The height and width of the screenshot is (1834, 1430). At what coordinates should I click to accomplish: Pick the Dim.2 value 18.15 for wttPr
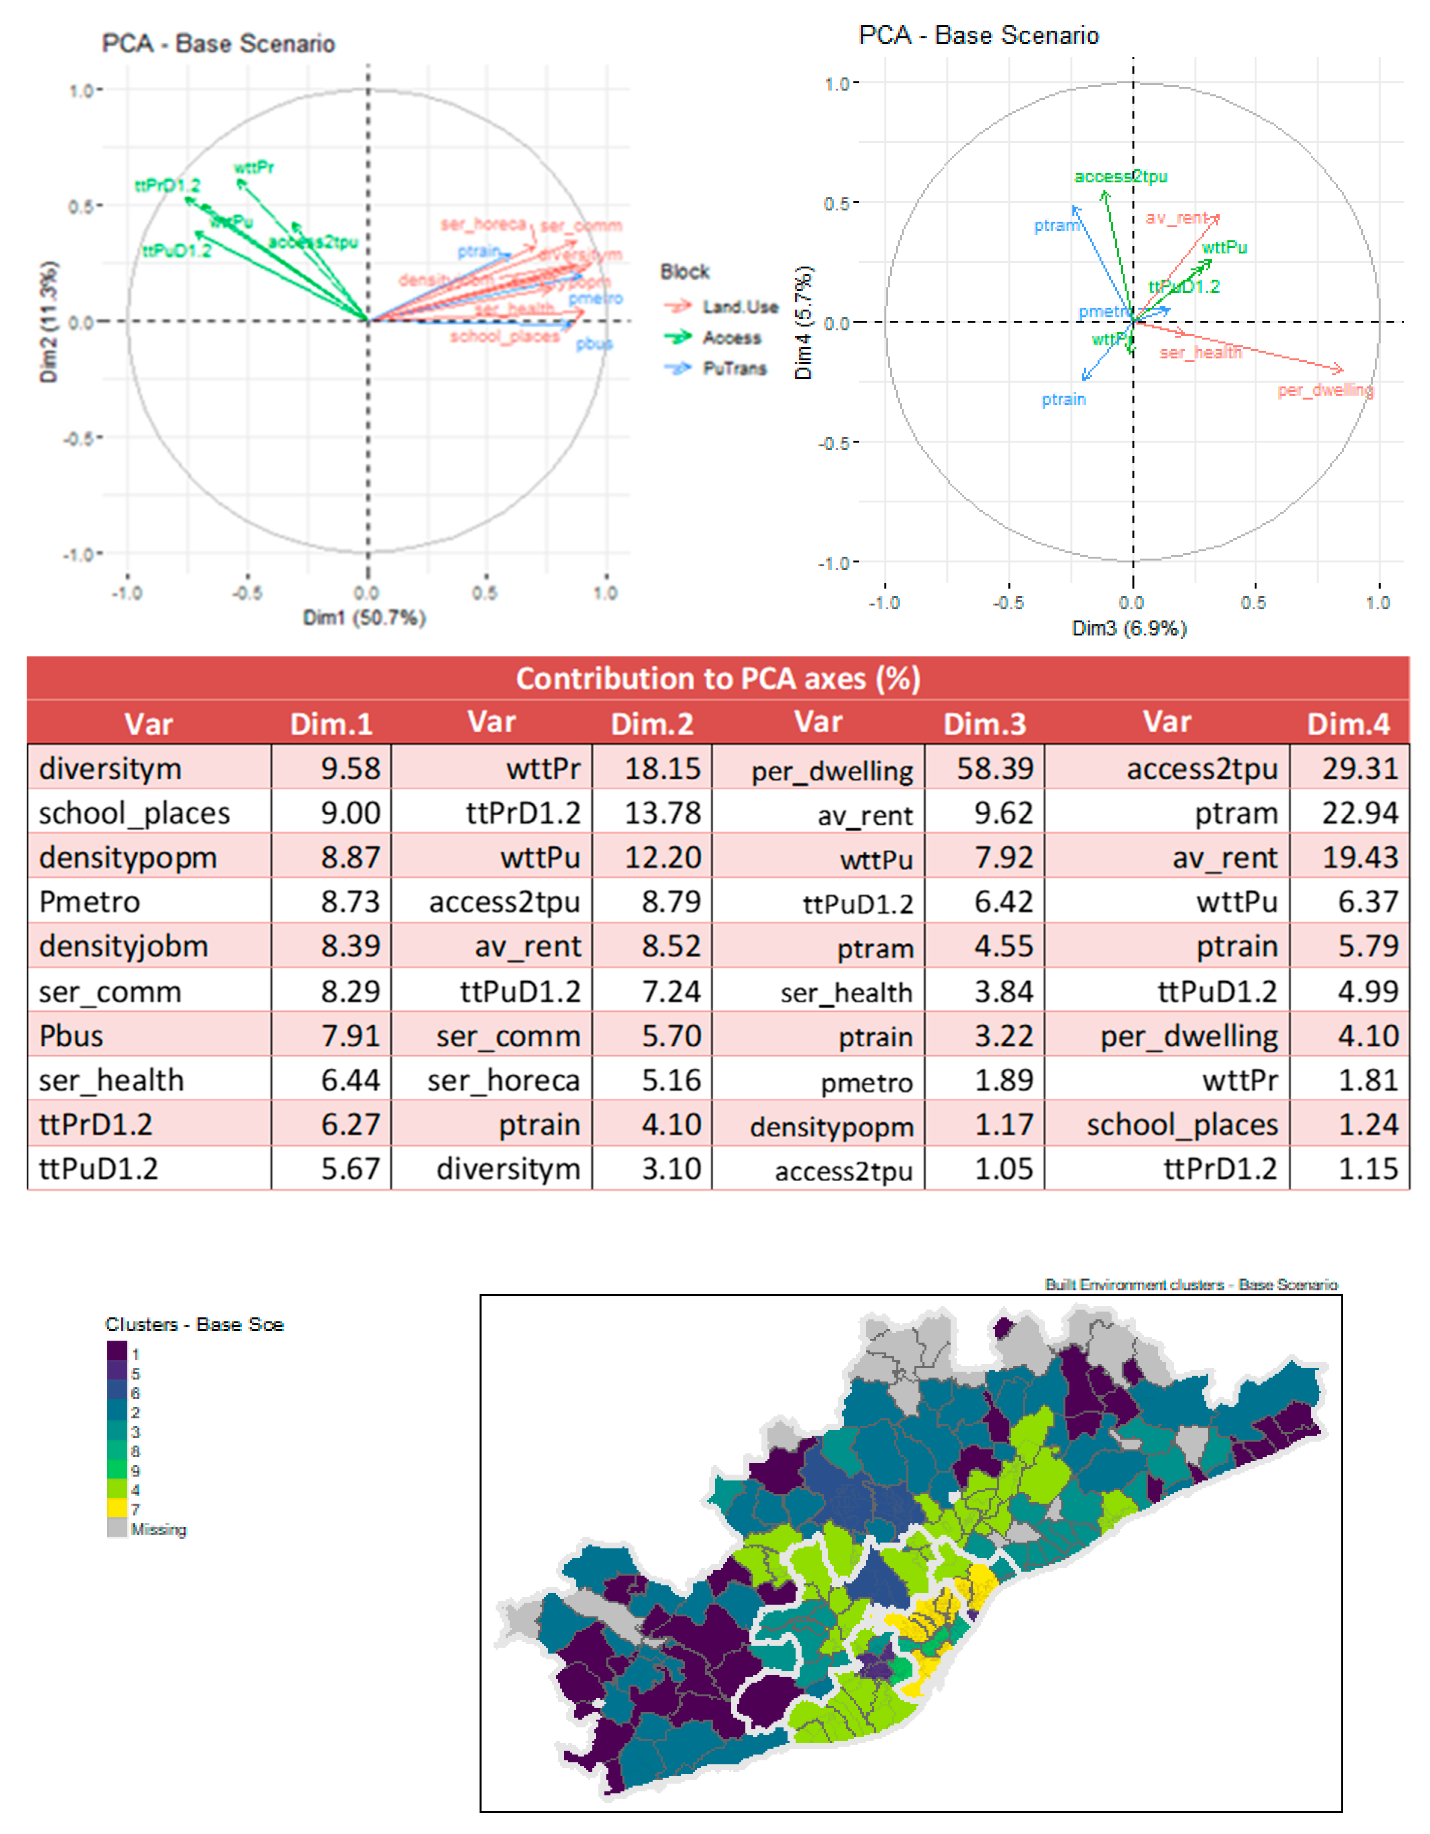point(662,768)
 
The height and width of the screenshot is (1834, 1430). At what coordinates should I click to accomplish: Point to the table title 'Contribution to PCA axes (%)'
point(718,678)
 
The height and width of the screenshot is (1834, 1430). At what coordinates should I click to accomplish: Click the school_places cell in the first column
point(134,813)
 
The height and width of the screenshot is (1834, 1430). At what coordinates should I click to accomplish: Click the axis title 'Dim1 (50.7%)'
point(365,618)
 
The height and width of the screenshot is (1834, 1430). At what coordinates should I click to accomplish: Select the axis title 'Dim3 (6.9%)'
point(1129,628)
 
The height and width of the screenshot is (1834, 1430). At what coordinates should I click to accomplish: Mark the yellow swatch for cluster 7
point(117,1509)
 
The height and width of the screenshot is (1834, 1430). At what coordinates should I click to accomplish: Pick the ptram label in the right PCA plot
point(1055,225)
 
